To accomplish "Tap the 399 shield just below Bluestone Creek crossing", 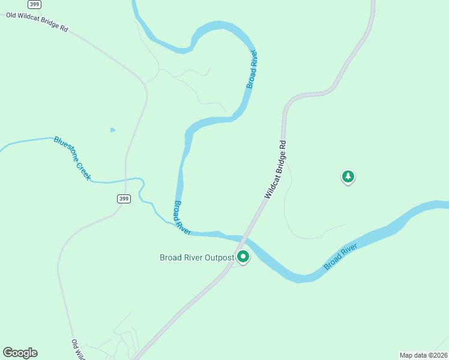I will click(123, 199).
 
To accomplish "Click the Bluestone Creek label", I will click(72, 158).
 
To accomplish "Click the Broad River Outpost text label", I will click(196, 257).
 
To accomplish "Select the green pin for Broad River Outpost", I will click(243, 257).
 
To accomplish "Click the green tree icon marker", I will click(348, 176).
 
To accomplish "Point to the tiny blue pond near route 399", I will click(112, 130).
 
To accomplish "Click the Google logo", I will click(20, 353).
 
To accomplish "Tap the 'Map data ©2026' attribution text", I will click(423, 355).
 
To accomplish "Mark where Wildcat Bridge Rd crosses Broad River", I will click(244, 237).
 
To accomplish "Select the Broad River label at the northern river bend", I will click(253, 70).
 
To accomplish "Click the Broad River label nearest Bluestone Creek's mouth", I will click(181, 217).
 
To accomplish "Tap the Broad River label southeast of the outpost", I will click(341, 256).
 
